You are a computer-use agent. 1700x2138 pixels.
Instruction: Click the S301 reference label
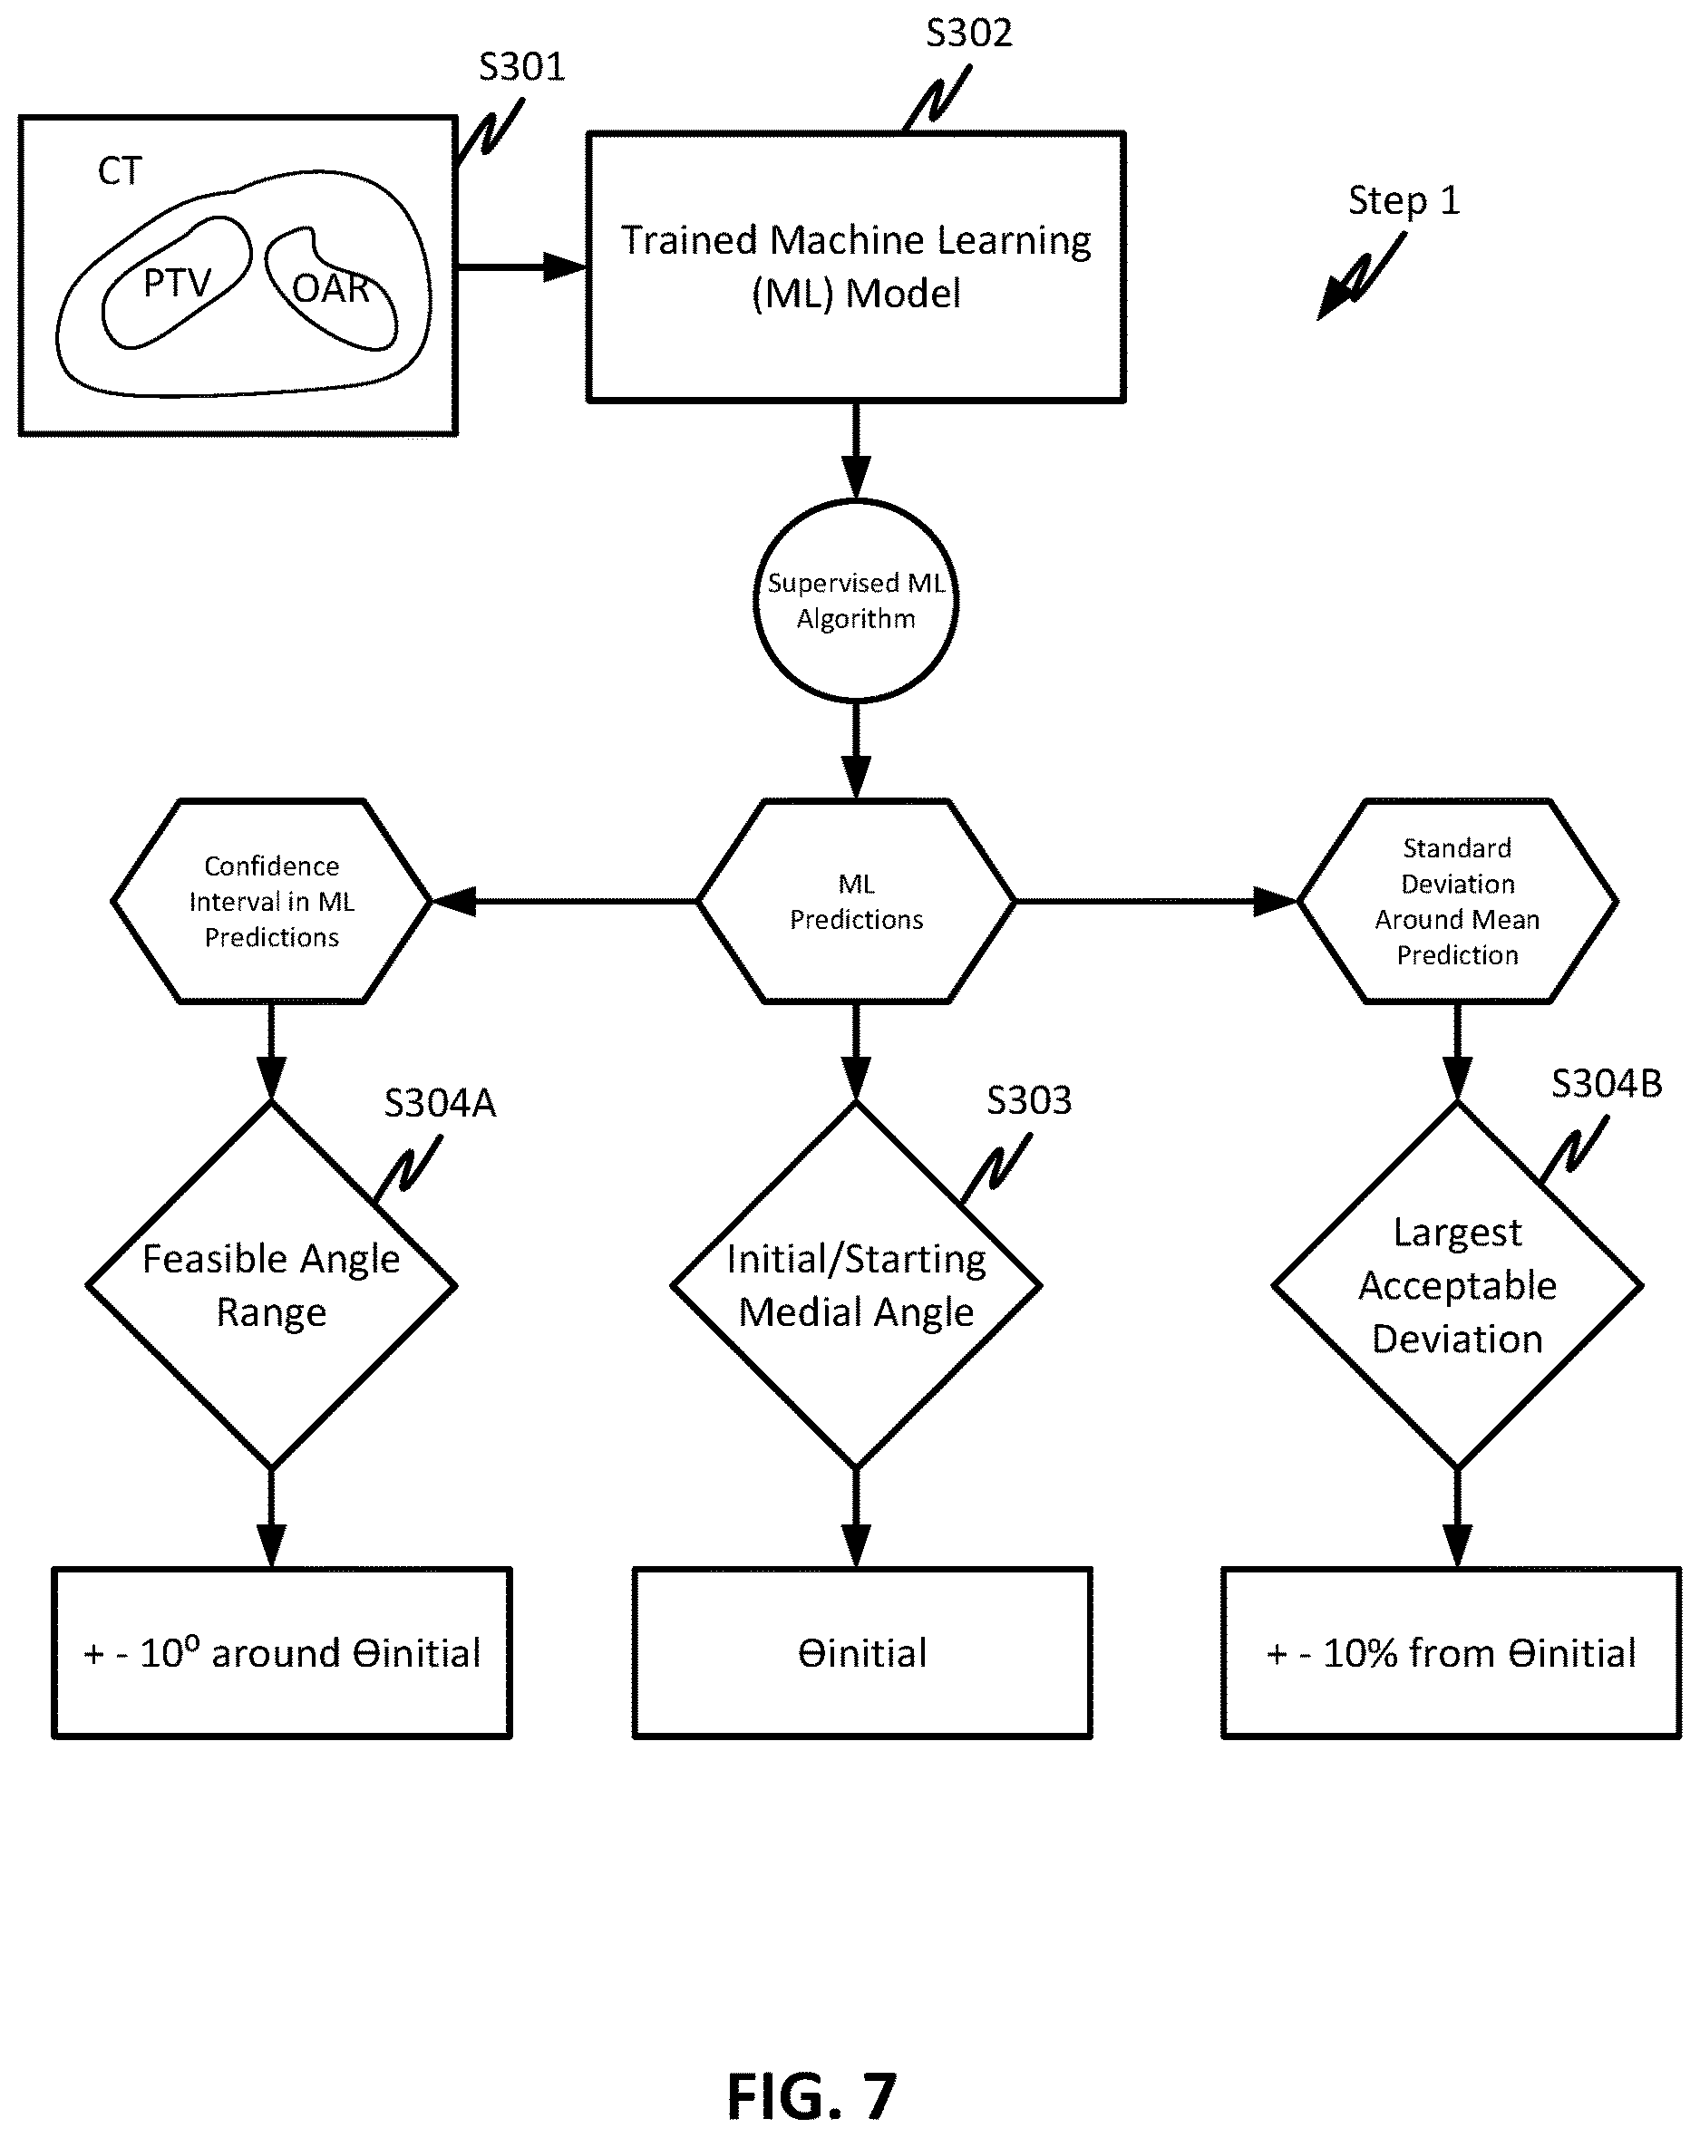tap(521, 66)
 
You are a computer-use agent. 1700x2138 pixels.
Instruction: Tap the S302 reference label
tap(969, 33)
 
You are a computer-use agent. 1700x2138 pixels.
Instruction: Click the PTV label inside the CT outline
tap(177, 284)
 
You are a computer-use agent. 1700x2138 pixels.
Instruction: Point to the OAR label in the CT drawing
tap(331, 288)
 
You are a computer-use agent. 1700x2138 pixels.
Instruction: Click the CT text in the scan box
tap(120, 171)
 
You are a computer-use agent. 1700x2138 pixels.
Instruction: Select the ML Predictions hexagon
tap(856, 902)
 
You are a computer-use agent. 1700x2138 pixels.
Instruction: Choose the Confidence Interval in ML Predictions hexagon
tap(272, 902)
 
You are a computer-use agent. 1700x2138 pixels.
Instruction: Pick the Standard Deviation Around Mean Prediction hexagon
tap(1457, 902)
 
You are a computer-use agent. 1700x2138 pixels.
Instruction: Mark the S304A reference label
tap(440, 1103)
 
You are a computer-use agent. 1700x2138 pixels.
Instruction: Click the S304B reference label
tap(1607, 1084)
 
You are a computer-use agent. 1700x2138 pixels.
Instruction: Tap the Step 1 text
tap(1404, 200)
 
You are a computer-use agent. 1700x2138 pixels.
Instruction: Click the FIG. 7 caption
tap(811, 2096)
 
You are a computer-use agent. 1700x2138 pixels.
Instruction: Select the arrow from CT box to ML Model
tap(521, 266)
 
